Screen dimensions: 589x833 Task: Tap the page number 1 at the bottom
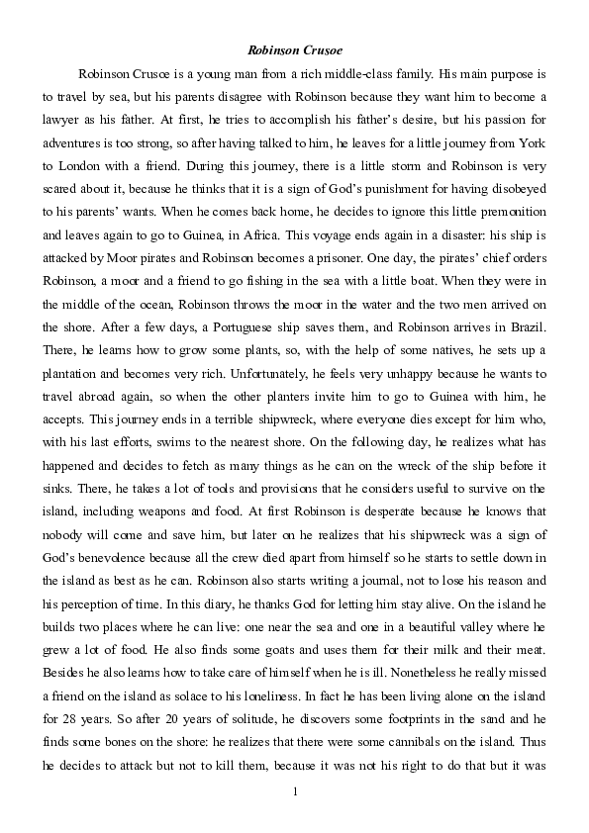(295, 792)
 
